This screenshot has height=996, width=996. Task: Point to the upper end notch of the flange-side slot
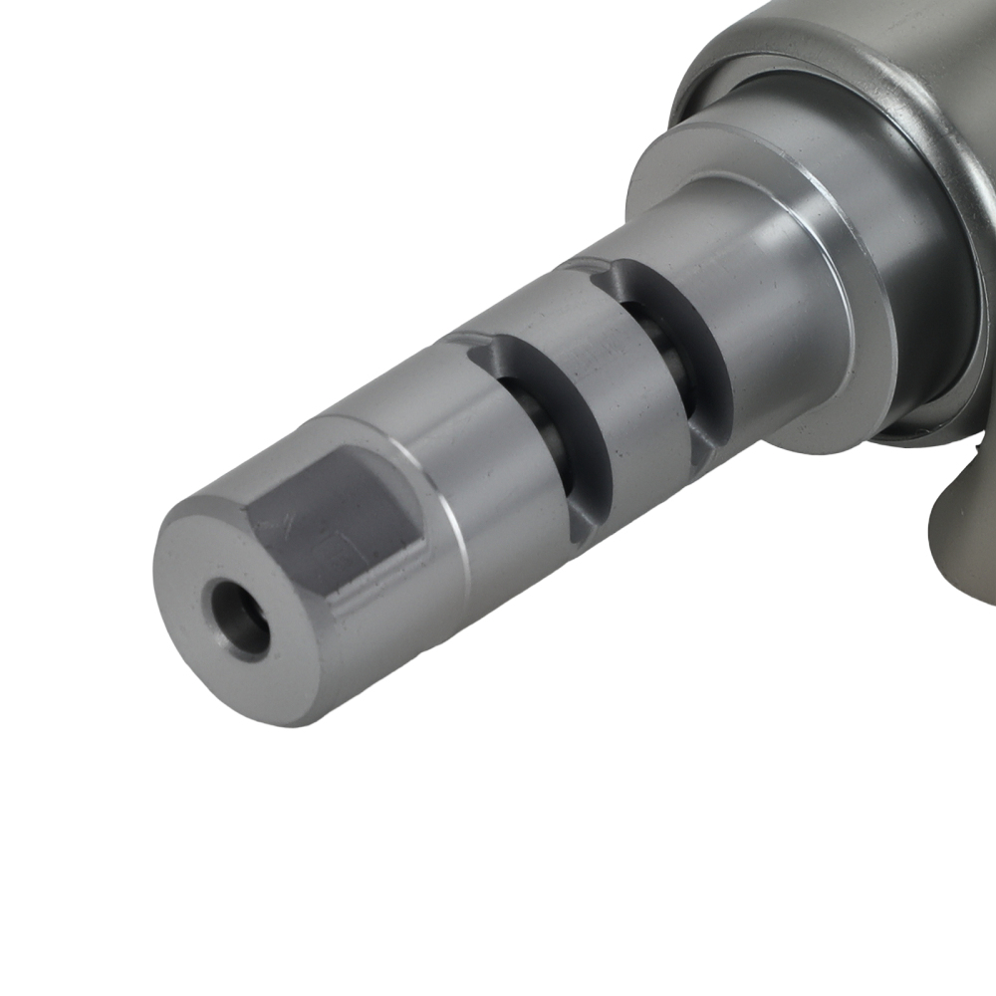tap(593, 267)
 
